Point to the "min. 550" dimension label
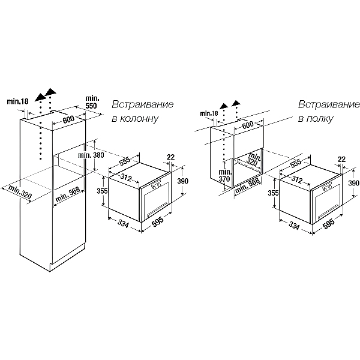click(92, 101)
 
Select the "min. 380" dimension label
click(92, 156)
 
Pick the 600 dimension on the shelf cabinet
click(247, 124)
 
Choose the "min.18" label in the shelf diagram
click(209, 113)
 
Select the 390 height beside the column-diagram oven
click(184, 181)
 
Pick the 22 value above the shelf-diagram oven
click(343, 158)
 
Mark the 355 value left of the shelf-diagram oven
click(273, 193)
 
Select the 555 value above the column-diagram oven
click(124, 161)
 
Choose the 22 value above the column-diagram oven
click(170, 157)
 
